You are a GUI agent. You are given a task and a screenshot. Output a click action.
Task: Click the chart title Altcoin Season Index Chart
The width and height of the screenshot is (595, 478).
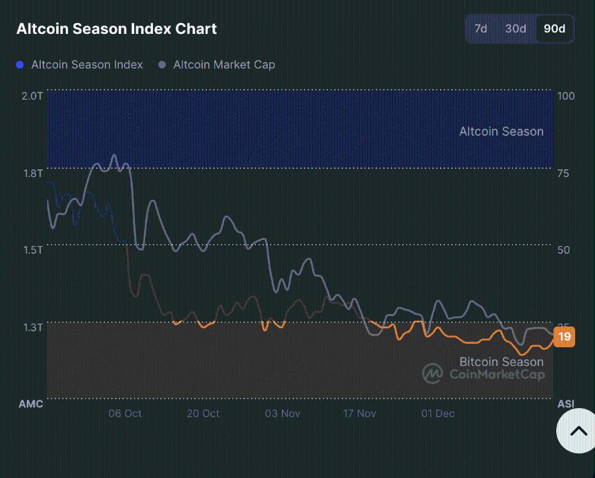116,29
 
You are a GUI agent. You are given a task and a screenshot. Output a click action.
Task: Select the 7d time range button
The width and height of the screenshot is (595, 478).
480,29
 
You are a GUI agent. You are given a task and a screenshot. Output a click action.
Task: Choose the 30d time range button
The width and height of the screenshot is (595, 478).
515,29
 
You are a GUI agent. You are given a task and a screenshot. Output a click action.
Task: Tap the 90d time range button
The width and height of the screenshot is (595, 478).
554,29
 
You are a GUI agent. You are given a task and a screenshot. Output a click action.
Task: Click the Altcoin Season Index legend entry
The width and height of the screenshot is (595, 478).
80,65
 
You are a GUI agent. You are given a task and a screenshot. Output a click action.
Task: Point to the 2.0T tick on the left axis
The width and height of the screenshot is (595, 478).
32,95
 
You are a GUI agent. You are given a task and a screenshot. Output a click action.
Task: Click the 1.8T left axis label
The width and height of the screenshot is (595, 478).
32,173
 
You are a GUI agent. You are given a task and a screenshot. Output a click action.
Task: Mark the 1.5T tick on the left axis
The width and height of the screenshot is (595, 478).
32,250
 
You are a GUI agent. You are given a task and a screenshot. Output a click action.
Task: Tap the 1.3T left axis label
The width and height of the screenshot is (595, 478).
32,327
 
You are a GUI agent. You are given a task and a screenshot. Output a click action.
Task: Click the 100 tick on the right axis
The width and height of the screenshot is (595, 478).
566,95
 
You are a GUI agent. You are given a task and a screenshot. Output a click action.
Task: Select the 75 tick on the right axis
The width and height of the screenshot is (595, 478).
563,173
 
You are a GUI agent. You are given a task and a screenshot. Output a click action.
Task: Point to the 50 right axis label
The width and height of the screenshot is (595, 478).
563,250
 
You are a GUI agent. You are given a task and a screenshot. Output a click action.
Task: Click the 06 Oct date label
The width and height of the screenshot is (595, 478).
125,414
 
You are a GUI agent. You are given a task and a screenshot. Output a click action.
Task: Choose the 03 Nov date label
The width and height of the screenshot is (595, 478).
282,414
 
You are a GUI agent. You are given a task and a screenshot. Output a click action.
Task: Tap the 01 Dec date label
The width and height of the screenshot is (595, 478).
438,414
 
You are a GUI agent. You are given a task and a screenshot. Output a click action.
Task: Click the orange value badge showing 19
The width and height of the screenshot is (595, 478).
565,337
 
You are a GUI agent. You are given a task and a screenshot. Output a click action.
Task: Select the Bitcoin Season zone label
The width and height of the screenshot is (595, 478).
501,362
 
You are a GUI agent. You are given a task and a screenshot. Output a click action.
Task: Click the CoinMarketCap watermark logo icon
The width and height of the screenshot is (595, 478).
433,374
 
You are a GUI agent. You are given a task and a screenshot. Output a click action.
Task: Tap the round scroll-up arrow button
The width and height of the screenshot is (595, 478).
578,431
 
